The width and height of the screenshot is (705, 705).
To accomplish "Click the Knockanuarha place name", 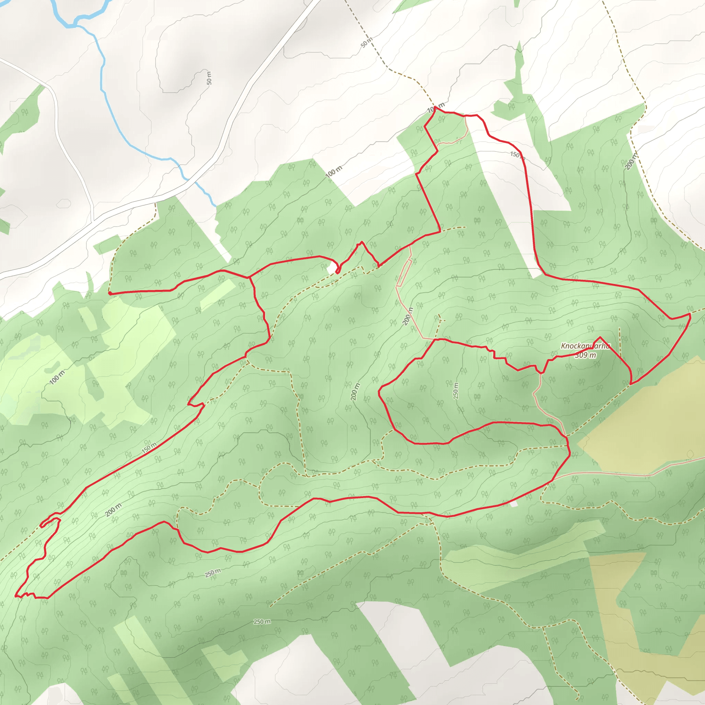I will [x=585, y=346].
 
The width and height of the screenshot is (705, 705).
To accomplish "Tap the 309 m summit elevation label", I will [x=585, y=355].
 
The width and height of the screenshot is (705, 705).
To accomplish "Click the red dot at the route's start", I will [x=110, y=293].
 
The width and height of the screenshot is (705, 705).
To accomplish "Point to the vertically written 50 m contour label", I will [x=209, y=78].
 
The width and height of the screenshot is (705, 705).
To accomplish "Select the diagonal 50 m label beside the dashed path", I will [x=366, y=42].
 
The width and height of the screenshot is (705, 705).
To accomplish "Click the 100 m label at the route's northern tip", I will [x=436, y=108].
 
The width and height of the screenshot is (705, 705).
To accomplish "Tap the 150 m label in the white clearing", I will [x=517, y=155].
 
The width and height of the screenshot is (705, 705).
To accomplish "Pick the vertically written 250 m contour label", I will [x=455, y=390].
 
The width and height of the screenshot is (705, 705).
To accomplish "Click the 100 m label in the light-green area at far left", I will [x=56, y=377].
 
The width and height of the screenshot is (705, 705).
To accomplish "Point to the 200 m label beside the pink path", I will [x=408, y=316].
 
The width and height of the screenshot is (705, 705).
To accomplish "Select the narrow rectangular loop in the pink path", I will [x=404, y=273].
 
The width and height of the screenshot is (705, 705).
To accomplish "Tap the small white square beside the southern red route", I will [x=514, y=504].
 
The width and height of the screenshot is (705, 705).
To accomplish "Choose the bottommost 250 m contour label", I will [x=262, y=621].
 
